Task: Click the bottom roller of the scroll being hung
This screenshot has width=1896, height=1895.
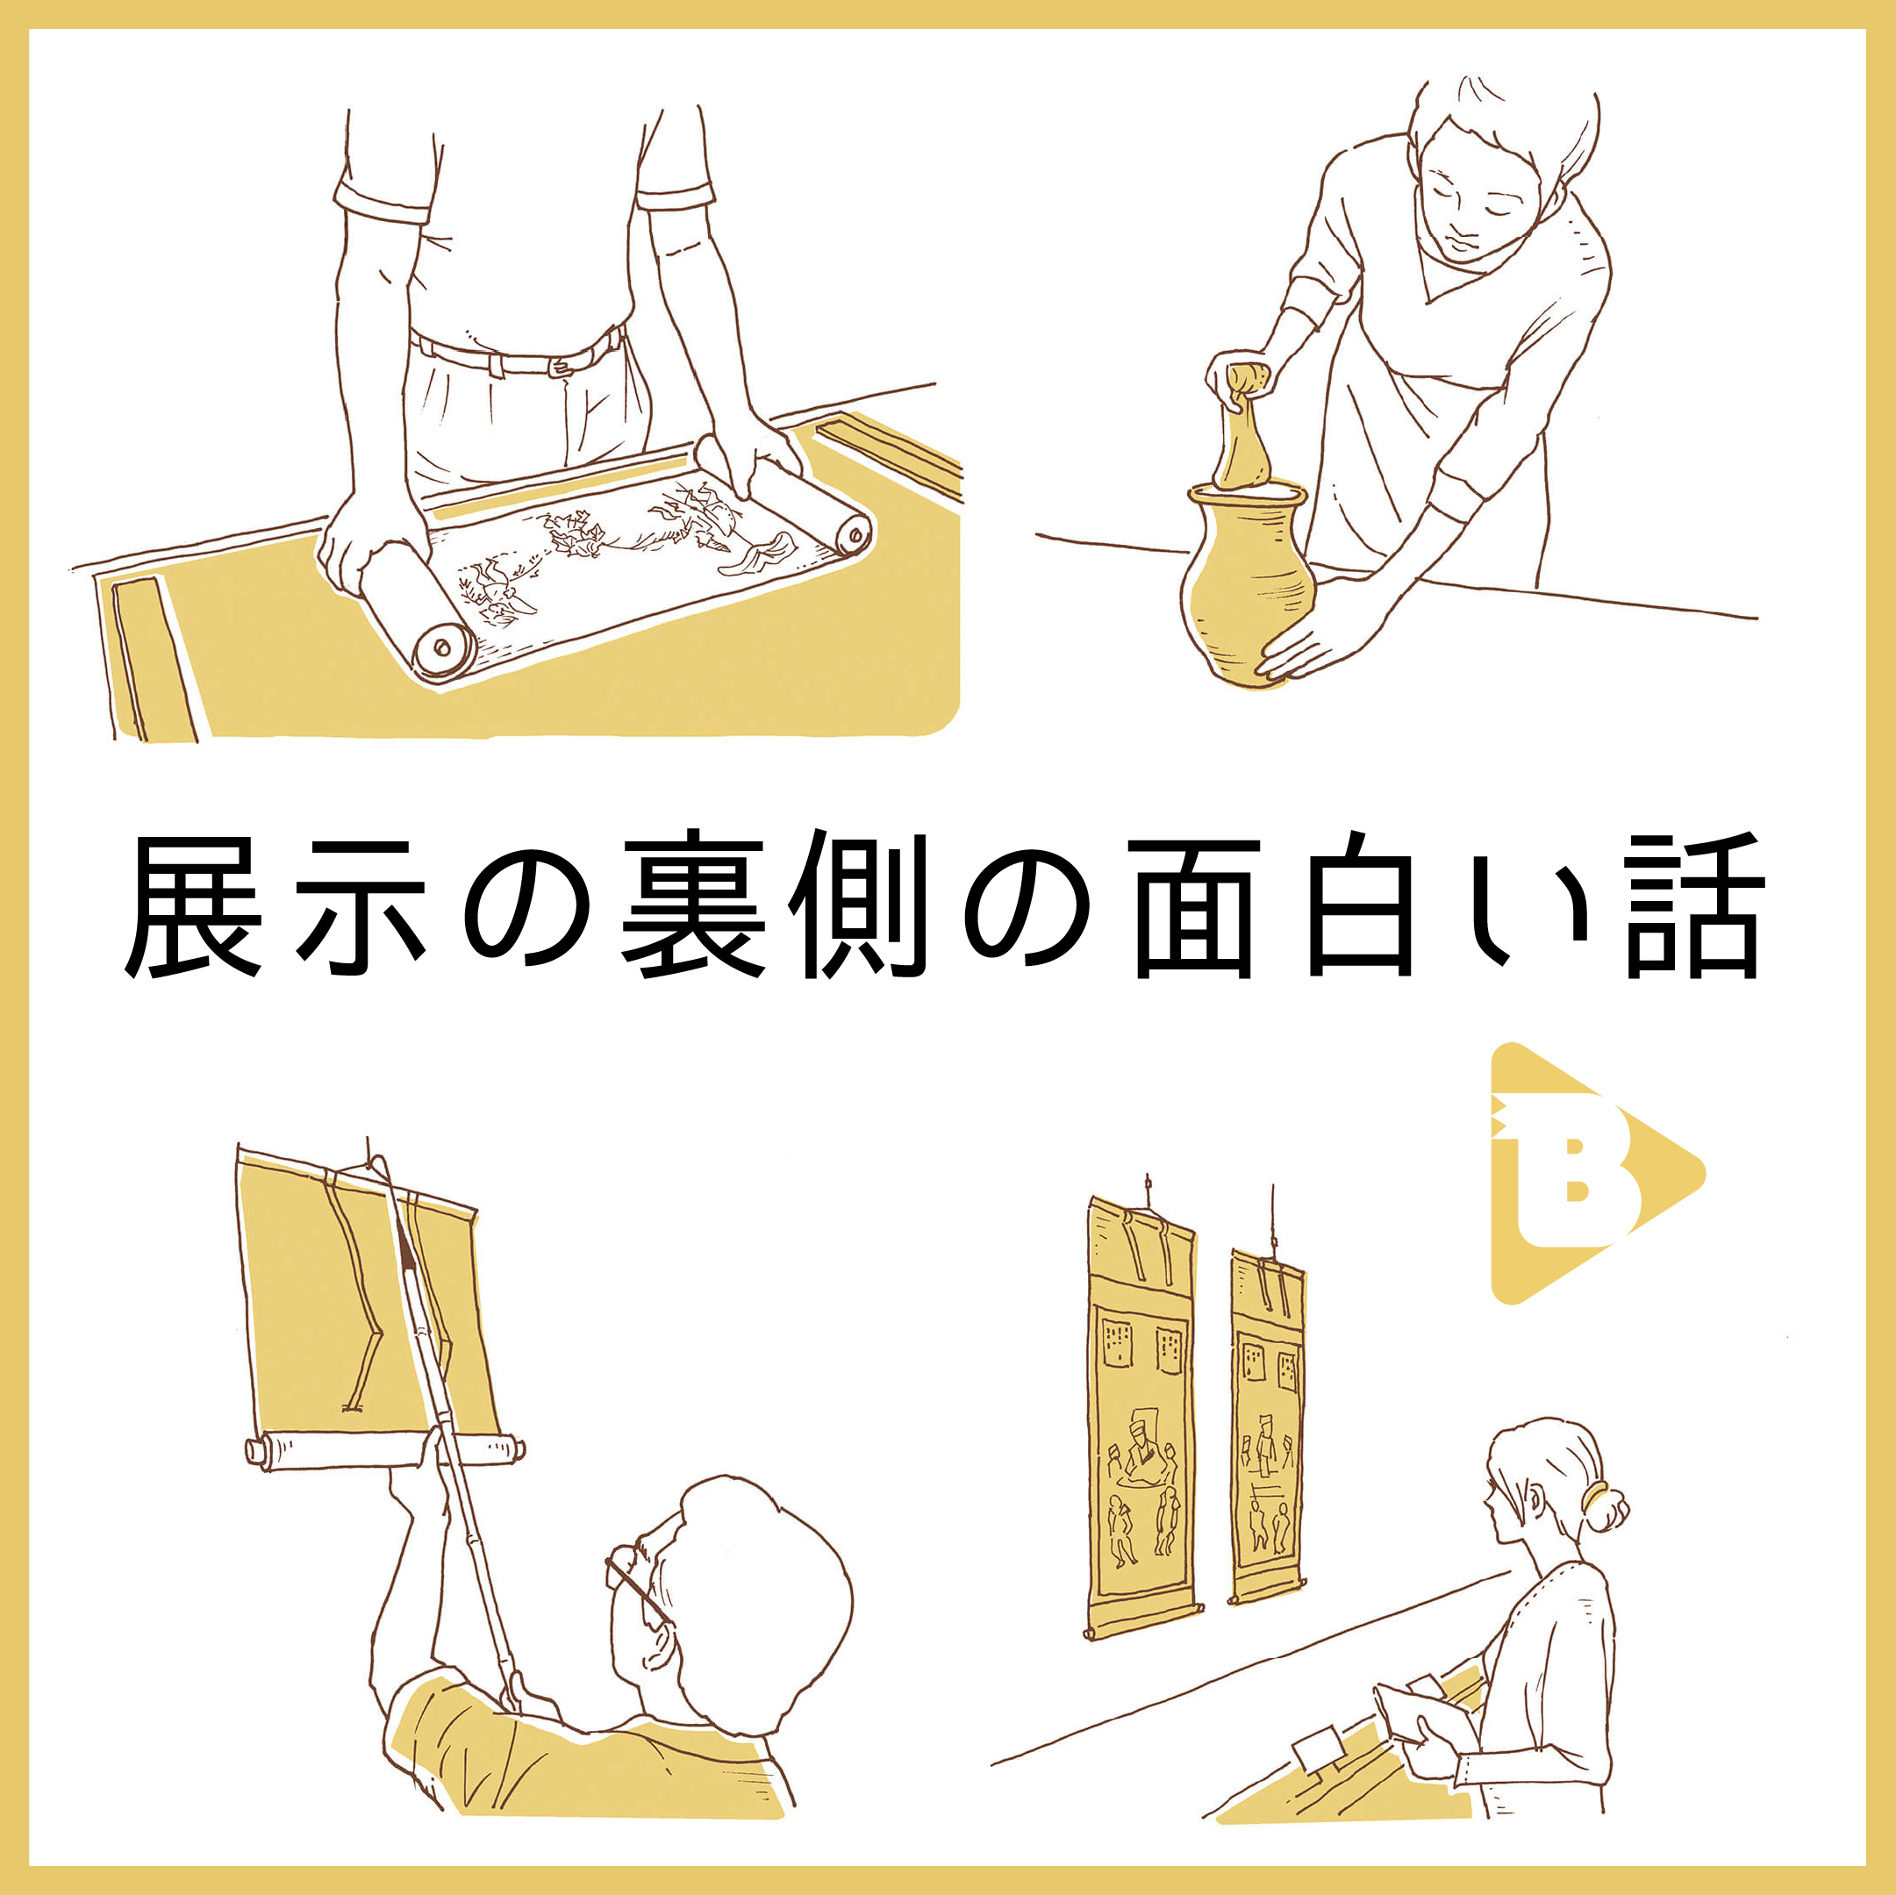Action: click(383, 1449)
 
